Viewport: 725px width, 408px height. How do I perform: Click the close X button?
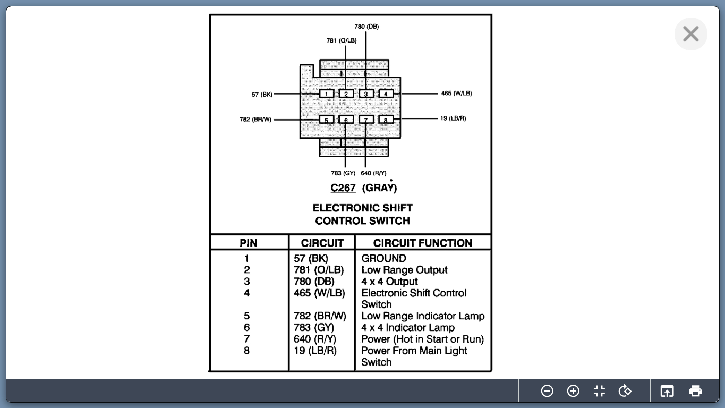pos(690,34)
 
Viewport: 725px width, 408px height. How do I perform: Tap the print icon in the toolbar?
pos(695,391)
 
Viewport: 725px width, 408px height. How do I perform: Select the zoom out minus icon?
pos(547,391)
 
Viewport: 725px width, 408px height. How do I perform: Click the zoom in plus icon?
pos(573,391)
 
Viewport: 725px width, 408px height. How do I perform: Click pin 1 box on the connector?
pos(326,94)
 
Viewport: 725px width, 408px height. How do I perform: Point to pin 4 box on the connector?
pos(386,94)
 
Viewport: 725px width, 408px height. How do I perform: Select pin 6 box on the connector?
pos(346,120)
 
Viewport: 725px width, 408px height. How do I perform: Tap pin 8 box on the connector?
pos(386,120)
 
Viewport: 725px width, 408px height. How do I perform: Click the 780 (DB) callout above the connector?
pos(366,27)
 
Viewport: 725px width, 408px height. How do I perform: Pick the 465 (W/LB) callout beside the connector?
pos(456,93)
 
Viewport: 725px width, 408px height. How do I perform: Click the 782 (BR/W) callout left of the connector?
pos(255,120)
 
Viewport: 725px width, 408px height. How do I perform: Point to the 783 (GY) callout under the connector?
pos(343,173)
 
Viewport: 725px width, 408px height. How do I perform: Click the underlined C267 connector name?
pos(343,188)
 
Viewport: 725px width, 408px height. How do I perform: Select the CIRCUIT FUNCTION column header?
pos(422,243)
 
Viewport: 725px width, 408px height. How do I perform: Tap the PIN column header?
pos(249,243)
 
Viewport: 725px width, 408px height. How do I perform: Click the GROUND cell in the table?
pos(383,259)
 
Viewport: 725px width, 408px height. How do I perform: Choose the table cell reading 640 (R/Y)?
pos(315,339)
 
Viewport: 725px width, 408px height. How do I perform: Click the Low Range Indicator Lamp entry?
pos(423,316)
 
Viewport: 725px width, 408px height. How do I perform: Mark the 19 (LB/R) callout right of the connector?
pos(453,118)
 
